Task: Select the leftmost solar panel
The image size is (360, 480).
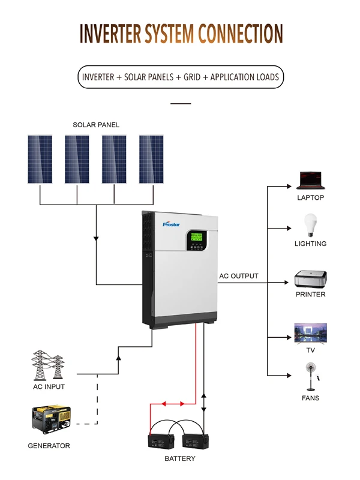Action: click(40, 160)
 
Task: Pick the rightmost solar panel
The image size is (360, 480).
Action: click(151, 160)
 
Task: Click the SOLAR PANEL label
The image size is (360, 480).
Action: click(96, 125)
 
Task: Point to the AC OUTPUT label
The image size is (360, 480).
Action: click(239, 276)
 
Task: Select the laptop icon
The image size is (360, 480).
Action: click(310, 179)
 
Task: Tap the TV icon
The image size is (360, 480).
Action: click(310, 332)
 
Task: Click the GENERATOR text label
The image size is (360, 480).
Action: click(49, 446)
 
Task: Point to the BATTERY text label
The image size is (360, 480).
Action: click(180, 458)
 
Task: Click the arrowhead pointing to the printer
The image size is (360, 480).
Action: click(288, 282)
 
